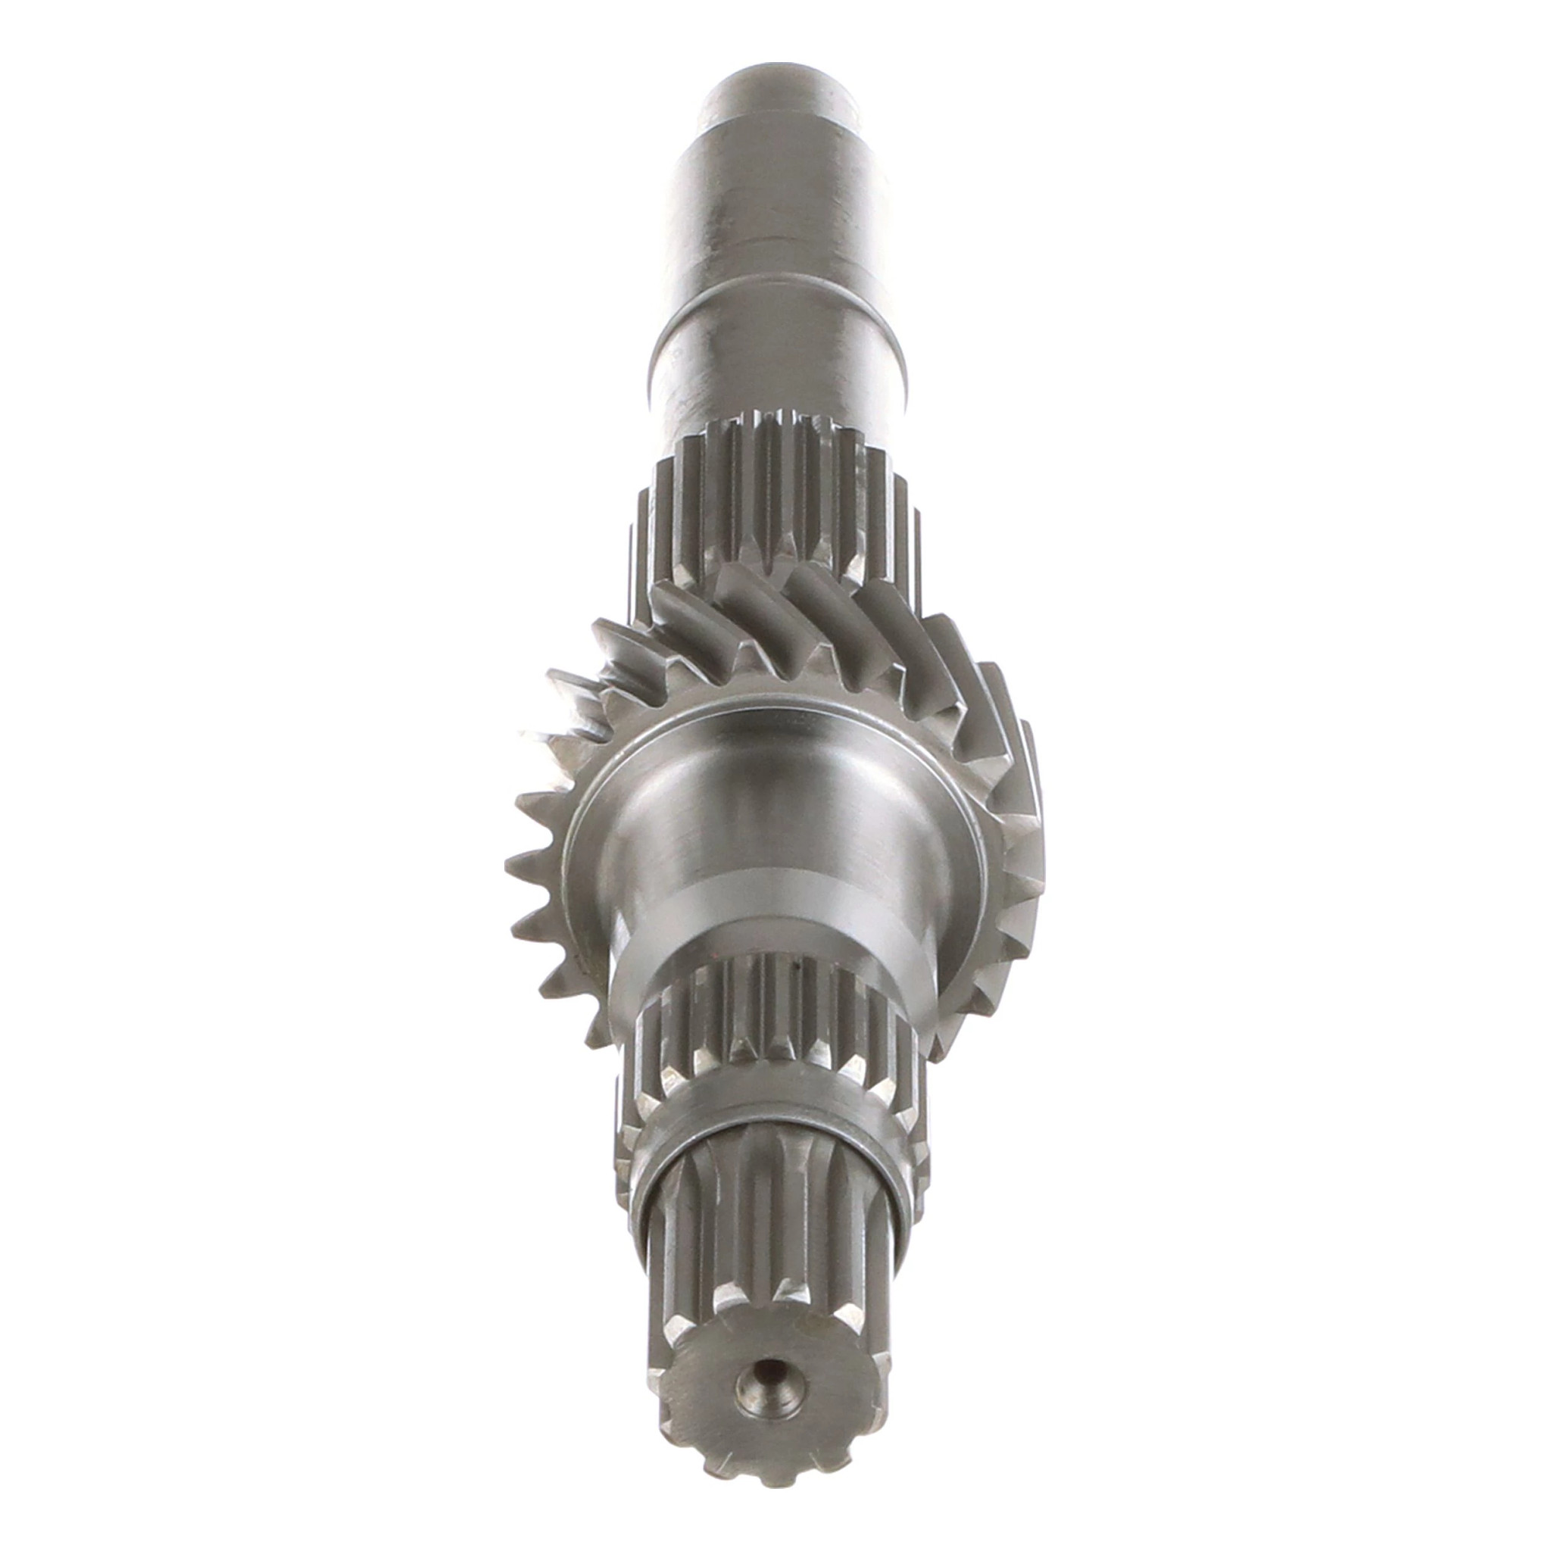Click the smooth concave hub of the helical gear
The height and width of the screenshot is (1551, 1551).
pyautogui.click(x=776, y=803)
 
